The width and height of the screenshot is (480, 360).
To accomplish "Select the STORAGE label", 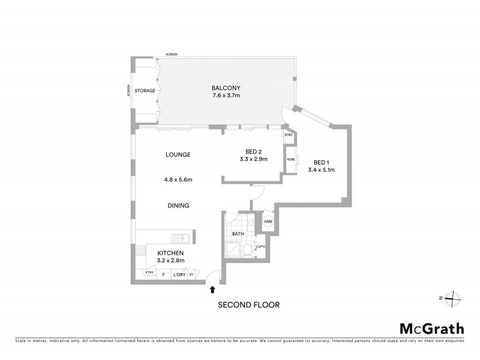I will click(x=145, y=91).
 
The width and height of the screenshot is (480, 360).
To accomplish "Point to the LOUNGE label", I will click(x=178, y=155).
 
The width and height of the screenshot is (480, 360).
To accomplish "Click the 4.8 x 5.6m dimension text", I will click(x=178, y=179).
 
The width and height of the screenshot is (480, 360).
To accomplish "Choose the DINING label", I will click(x=178, y=205).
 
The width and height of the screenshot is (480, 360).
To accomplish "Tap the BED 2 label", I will click(x=253, y=151).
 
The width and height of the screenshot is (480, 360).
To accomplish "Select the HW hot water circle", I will click(x=268, y=223).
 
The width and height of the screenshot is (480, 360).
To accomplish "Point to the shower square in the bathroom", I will click(x=232, y=250).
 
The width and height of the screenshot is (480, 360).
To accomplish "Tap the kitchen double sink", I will click(x=180, y=239).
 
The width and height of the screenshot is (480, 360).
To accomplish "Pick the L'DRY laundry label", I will click(x=179, y=275).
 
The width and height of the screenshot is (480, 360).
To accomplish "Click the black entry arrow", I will click(x=212, y=290).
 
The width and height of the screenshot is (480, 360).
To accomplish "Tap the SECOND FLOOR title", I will click(x=248, y=305).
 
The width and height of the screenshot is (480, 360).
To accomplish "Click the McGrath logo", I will click(x=431, y=328).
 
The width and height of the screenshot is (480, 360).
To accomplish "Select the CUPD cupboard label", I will click(x=260, y=247).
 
